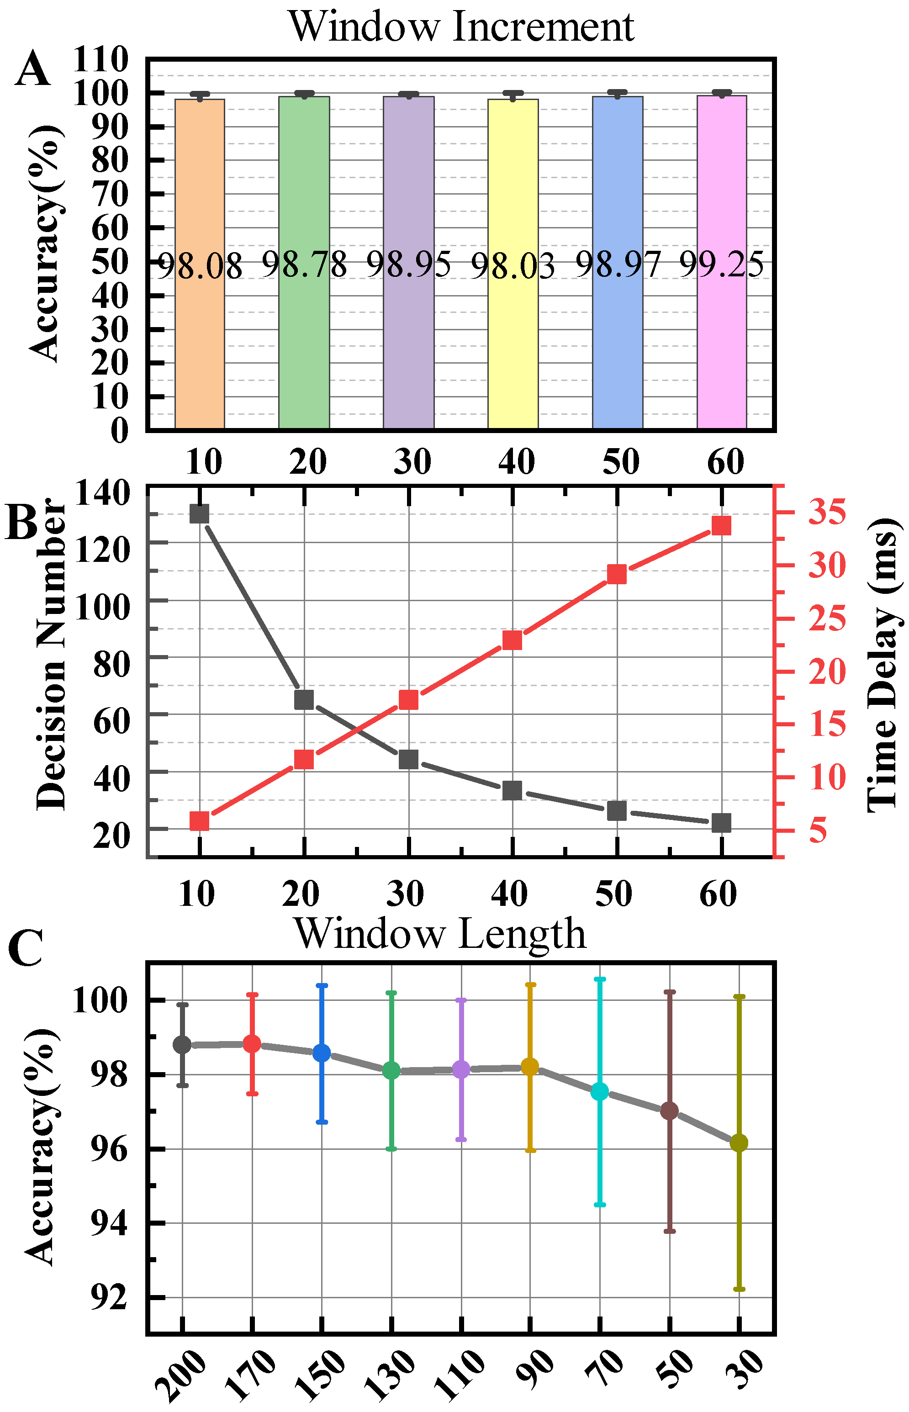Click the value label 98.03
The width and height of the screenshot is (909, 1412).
tap(513, 266)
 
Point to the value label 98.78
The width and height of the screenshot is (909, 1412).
tap(304, 264)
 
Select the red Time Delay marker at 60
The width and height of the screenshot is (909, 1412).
tap(721, 525)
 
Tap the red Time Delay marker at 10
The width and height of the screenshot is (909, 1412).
tap(200, 820)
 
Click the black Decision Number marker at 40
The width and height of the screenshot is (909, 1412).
tap(512, 790)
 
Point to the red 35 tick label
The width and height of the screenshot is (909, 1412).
tap(826, 512)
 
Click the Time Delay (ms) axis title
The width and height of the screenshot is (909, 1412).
tap(883, 666)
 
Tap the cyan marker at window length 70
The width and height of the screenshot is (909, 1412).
tap(600, 1091)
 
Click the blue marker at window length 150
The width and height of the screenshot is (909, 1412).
tap(322, 1052)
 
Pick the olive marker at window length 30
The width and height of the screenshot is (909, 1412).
tap(739, 1143)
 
